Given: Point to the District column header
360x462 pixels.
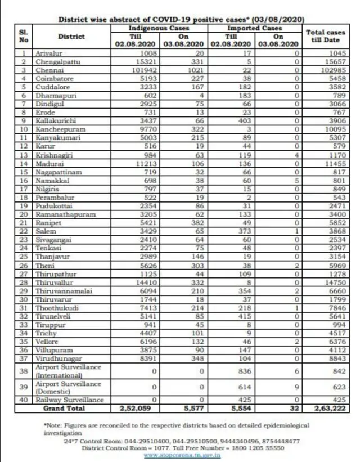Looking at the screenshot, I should pos(70,36).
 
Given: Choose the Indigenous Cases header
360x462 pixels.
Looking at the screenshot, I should pos(159,28).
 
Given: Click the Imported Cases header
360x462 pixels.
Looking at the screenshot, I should pos(255,28).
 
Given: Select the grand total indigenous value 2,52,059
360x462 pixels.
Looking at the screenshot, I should pos(135,408).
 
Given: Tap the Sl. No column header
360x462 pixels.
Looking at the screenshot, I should pos(24,36).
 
